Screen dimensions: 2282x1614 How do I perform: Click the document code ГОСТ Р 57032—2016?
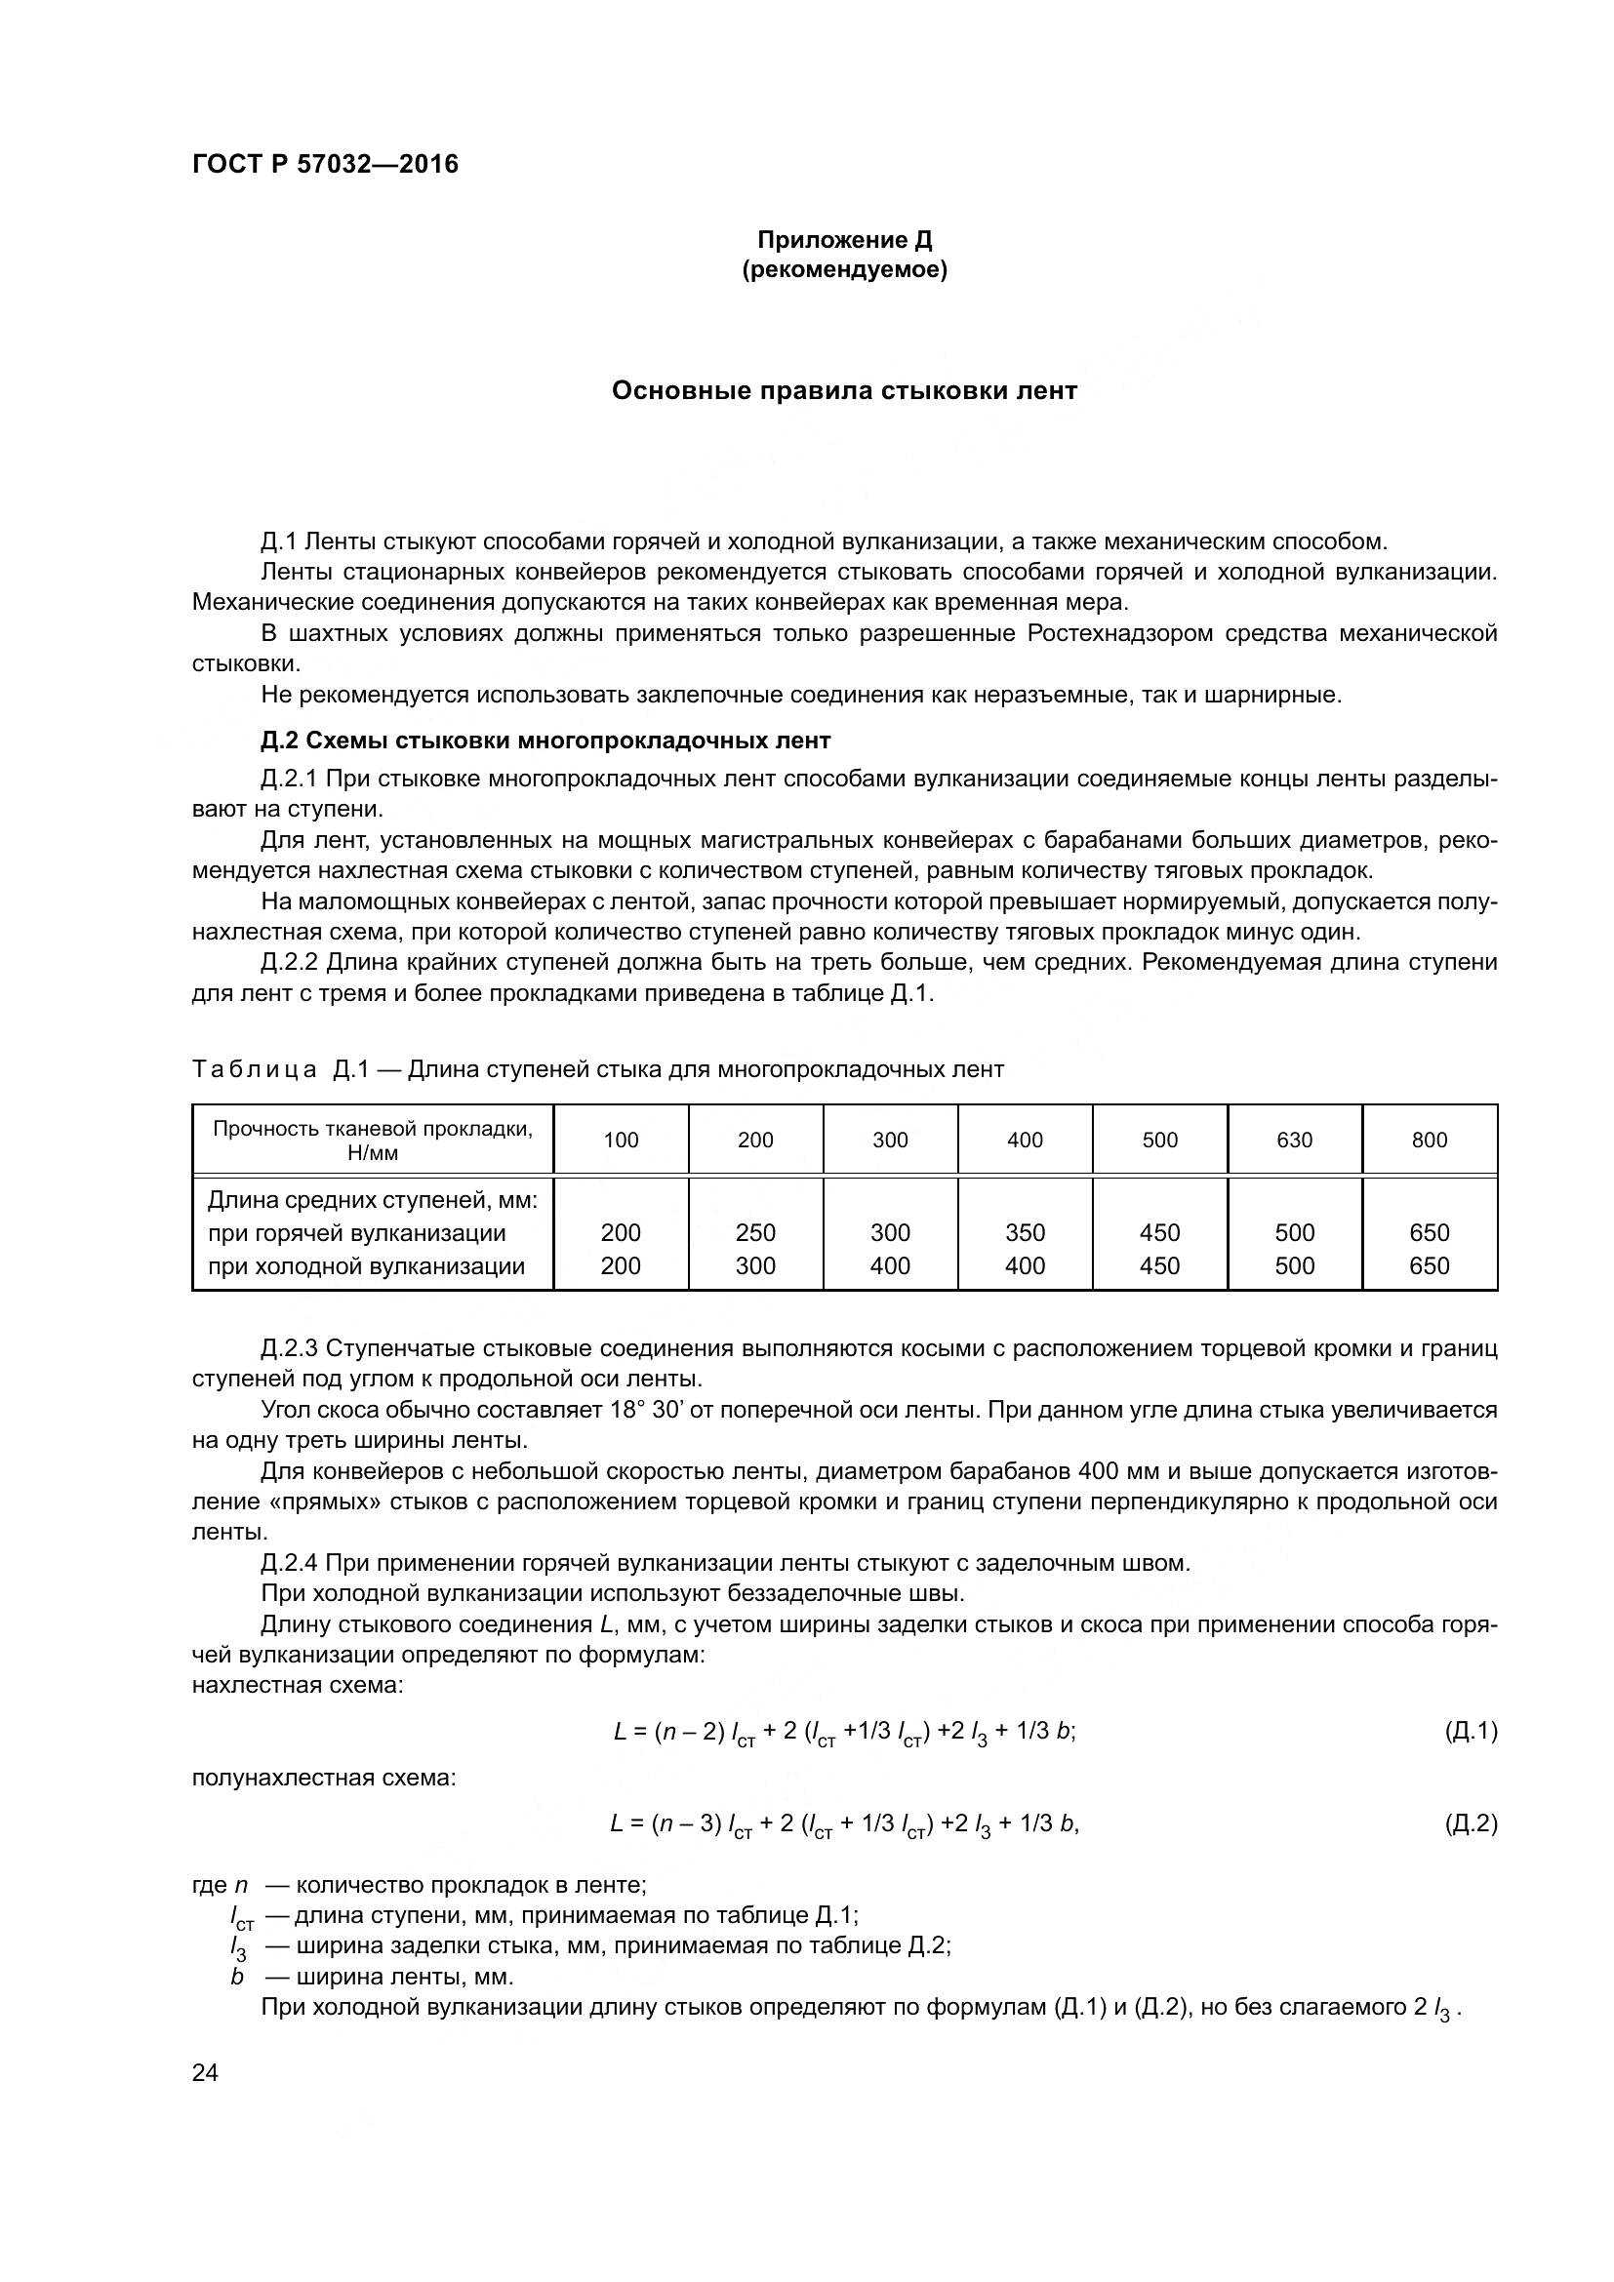(325, 164)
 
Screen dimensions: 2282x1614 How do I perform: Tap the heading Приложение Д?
(844, 240)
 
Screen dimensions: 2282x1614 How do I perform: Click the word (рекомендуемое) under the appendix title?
(844, 269)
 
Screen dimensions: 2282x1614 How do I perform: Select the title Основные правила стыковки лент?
(844, 390)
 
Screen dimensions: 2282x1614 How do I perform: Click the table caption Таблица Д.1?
(281, 1069)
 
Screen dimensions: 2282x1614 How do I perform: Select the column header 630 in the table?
(1294, 1140)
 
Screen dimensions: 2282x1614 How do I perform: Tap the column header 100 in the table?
(622, 1140)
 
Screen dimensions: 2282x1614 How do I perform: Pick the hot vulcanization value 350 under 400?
(1025, 1232)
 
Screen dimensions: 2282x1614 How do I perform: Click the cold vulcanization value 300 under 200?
(755, 1265)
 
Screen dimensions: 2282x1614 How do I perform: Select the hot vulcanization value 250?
(755, 1232)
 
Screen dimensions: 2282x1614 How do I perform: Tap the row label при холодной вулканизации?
(366, 1265)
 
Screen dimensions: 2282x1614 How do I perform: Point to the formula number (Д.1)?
(1470, 1731)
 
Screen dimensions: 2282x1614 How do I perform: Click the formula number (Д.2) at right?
(1470, 1822)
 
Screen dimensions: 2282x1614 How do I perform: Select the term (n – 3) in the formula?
(685, 1822)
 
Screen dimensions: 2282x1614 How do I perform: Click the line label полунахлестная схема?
(323, 1777)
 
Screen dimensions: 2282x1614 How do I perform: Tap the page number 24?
(205, 2072)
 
